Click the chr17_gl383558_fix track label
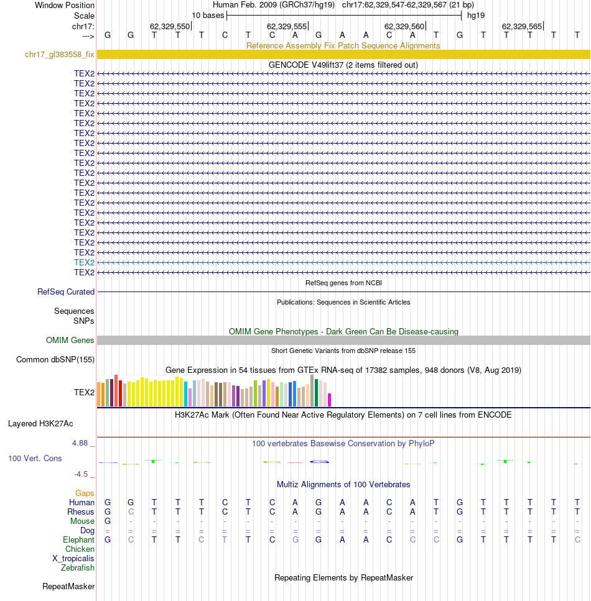pyautogui.click(x=60, y=55)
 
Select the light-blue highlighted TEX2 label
pyautogui.click(x=84, y=262)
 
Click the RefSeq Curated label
pyautogui.click(x=65, y=291)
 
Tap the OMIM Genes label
pyautogui.click(x=70, y=341)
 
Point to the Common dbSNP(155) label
pyautogui.click(x=55, y=359)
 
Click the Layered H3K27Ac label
pyautogui.click(x=40, y=423)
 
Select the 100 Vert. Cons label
pyautogui.click(x=35, y=459)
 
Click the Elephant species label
pyautogui.click(x=78, y=539)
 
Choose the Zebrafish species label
pyautogui.click(x=78, y=567)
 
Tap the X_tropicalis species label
pyautogui.click(x=73, y=559)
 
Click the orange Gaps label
pyautogui.click(x=85, y=493)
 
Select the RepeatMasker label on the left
pyautogui.click(x=68, y=587)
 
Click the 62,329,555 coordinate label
pyautogui.click(x=287, y=27)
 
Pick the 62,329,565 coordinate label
pyautogui.click(x=522, y=27)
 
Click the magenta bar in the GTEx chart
pyautogui.click(x=329, y=400)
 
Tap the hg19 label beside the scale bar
pyautogui.click(x=476, y=16)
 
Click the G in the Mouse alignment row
pyautogui.click(x=108, y=521)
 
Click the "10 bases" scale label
pyautogui.click(x=208, y=16)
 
